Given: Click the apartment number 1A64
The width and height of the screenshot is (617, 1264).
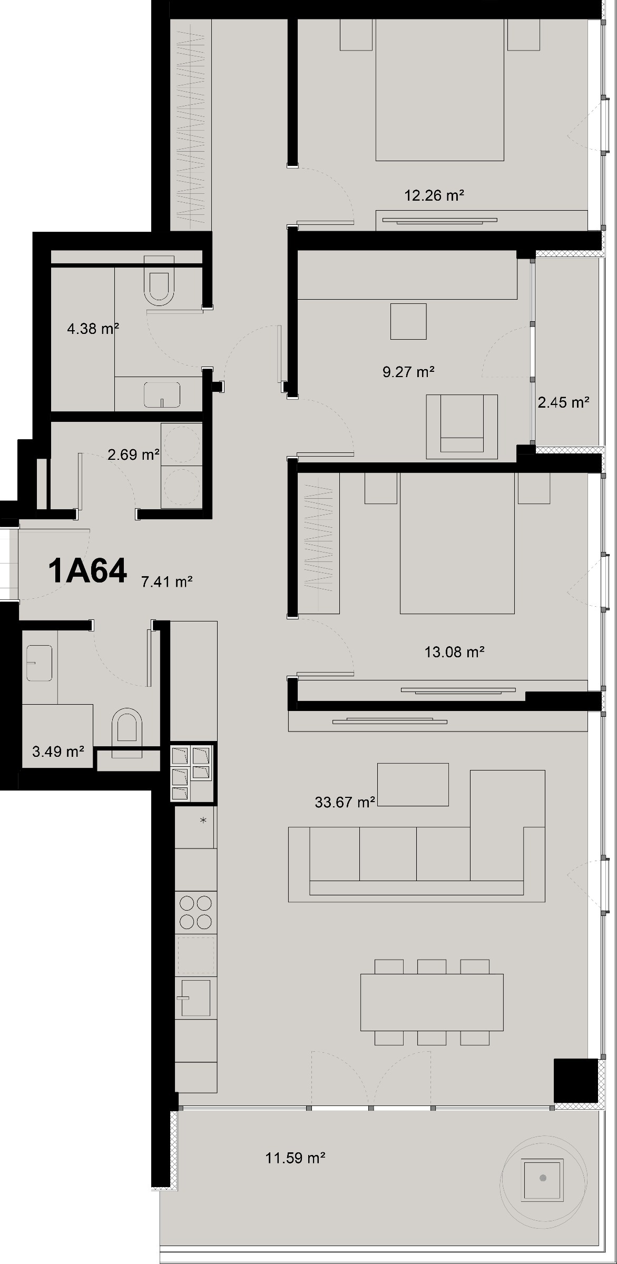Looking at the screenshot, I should tap(87, 571).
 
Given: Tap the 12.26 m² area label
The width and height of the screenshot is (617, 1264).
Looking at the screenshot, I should tap(434, 196).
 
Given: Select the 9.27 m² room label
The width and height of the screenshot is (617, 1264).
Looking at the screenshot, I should tap(408, 372).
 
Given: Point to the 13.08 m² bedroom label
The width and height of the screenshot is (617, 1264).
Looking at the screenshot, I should tap(454, 653).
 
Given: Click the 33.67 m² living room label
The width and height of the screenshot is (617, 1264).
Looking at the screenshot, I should tap(345, 803).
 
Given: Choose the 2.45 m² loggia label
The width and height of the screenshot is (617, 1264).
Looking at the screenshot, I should tap(563, 403).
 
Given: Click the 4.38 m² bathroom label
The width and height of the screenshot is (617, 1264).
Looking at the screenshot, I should tap(93, 329).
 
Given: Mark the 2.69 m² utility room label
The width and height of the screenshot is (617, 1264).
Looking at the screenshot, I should tap(133, 455).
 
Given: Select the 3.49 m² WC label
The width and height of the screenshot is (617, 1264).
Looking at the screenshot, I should tap(58, 752).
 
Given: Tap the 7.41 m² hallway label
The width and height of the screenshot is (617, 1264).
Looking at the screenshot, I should tap(167, 582).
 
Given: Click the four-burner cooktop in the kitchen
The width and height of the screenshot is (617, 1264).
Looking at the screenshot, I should tap(195, 912).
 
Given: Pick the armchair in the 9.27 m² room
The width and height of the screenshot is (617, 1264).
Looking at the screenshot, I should tap(462, 426).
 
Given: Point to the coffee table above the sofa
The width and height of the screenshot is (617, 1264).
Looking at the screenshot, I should tap(413, 784).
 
